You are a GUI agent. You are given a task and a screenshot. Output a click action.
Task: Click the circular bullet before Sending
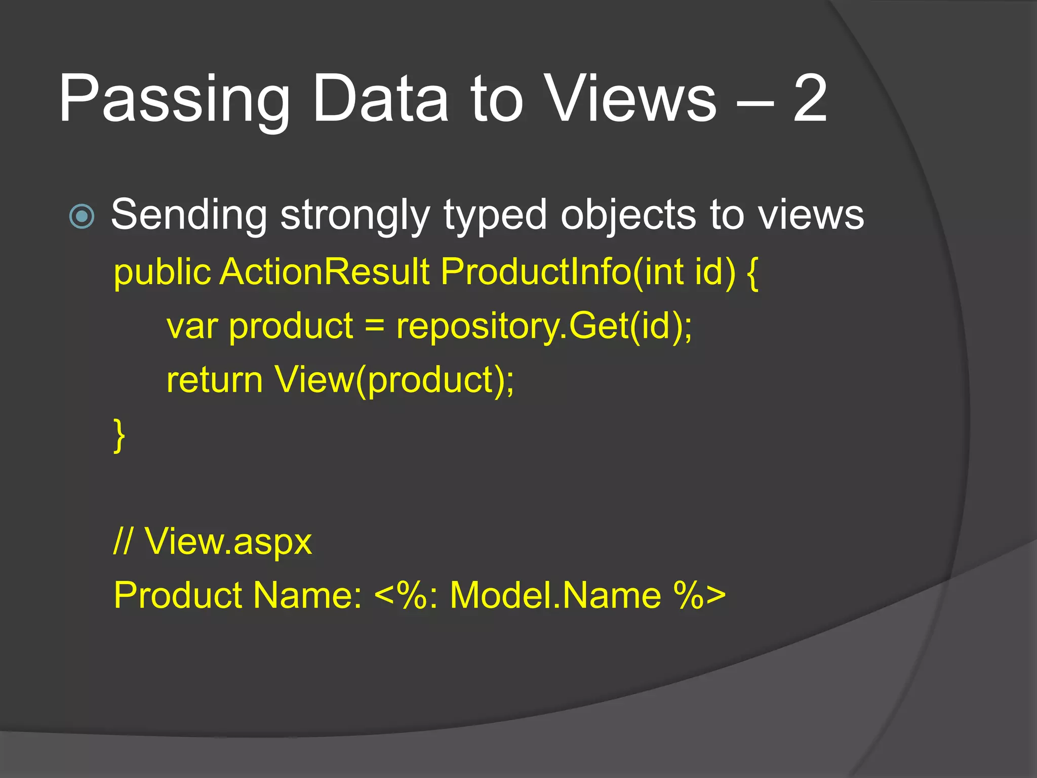pyautogui.click(x=82, y=216)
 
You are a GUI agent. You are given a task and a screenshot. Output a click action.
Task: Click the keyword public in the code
pyautogui.click(x=162, y=273)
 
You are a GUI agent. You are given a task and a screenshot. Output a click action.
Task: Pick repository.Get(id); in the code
pyautogui.click(x=544, y=327)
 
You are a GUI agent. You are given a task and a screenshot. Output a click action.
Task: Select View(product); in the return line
pyautogui.click(x=394, y=380)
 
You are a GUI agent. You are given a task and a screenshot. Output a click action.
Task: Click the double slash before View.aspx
pyautogui.click(x=123, y=541)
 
